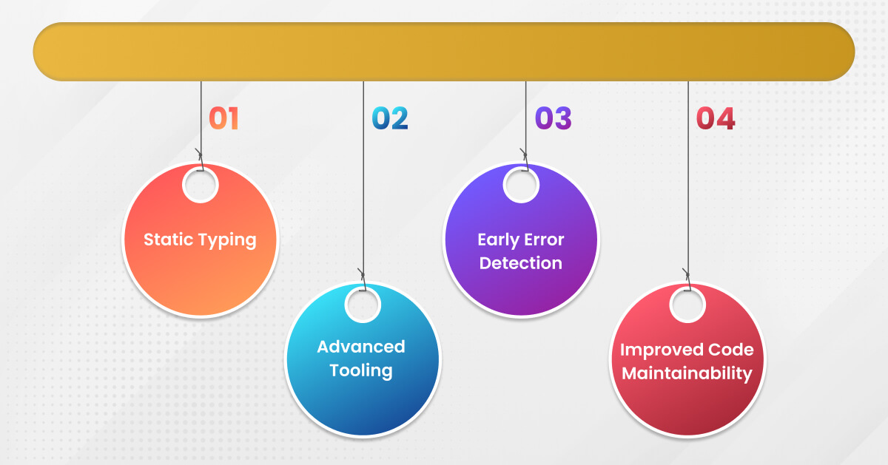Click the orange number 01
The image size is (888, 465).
223,118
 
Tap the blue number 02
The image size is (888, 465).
390,118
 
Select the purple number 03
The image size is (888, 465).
554,118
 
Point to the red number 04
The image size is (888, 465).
716,118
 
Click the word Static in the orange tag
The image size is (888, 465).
168,240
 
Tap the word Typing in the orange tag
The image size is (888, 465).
228,241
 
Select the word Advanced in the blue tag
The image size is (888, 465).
361,347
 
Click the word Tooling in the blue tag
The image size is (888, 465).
361,371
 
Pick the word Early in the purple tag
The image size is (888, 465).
498,240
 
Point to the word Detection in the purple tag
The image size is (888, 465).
521,263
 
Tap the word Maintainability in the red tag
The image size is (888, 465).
687,374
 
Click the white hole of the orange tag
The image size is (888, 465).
201,185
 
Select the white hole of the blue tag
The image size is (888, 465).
363,305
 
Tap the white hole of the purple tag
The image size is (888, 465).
521,185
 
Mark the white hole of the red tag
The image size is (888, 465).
687,305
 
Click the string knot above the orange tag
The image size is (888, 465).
201,155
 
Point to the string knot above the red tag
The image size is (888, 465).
687,275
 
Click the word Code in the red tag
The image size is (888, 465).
731,350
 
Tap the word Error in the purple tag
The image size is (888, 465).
544,240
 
